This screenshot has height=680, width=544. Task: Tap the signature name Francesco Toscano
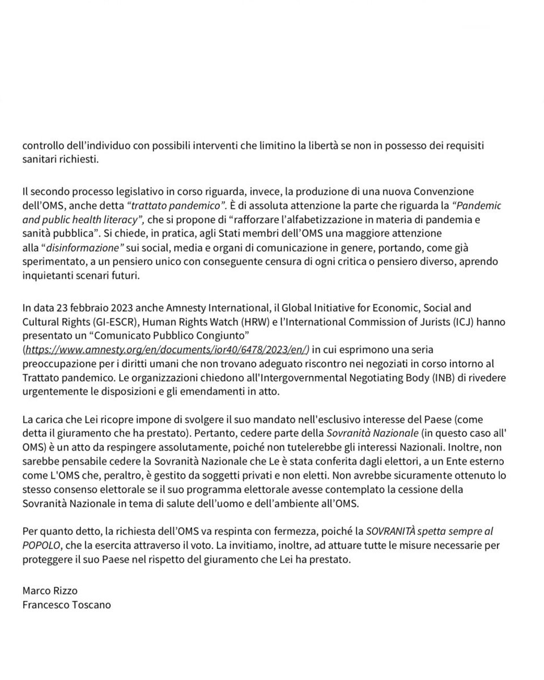(66, 605)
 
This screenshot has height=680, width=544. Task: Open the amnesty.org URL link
(165, 349)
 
